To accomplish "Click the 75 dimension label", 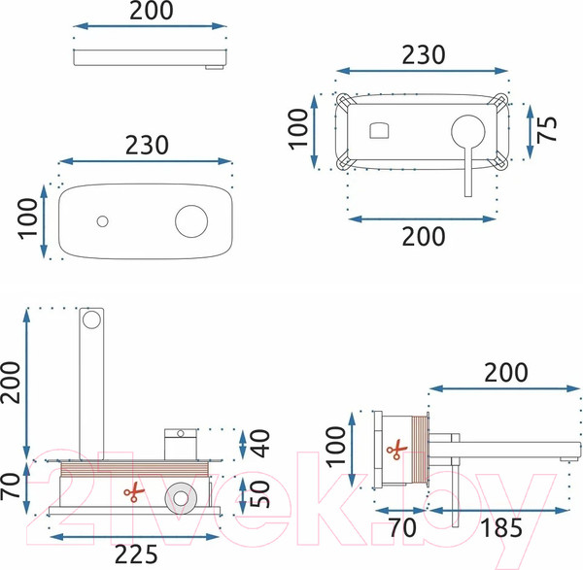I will point(549,127).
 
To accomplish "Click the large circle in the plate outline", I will point(190,219).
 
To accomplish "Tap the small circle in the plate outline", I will point(102,220).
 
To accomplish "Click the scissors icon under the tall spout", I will point(131,492).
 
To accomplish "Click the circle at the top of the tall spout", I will point(92,319).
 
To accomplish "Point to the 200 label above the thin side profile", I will point(151,12).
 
